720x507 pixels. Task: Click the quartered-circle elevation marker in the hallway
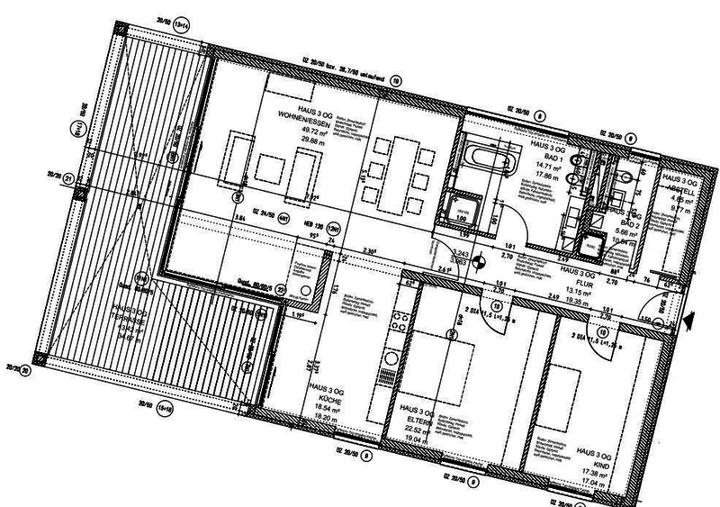coord(483,262)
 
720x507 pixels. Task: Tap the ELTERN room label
coord(418,419)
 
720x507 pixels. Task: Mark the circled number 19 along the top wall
coord(396,81)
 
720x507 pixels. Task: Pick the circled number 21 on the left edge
coord(69,178)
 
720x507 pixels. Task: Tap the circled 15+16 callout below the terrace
coord(165,410)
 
